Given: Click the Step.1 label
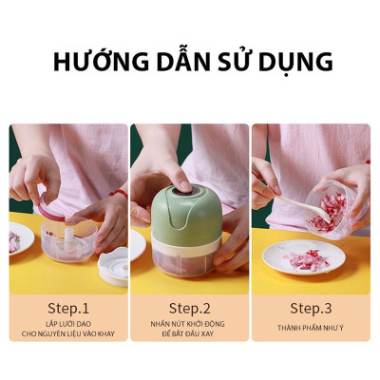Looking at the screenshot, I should (x=67, y=308).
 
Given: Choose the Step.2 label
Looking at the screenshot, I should (x=189, y=308).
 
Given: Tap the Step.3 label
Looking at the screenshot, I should (x=311, y=308).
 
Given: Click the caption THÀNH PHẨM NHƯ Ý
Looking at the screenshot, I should (x=311, y=328).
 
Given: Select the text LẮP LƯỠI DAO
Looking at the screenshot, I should (x=67, y=324).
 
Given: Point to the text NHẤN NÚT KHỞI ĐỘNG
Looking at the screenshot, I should (x=189, y=324).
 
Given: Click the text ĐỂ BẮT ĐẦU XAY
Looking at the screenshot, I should (x=189, y=335).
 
